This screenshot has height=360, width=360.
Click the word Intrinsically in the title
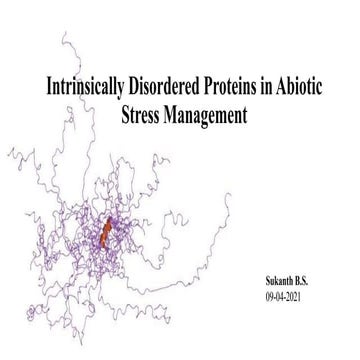[x=77, y=87]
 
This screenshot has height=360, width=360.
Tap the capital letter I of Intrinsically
[x=39, y=87]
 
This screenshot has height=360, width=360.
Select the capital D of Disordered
[x=125, y=87]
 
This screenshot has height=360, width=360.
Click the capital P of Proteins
[x=203, y=87]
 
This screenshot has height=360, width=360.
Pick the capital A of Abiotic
[x=282, y=87]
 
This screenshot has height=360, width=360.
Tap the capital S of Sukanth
[x=257, y=271]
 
